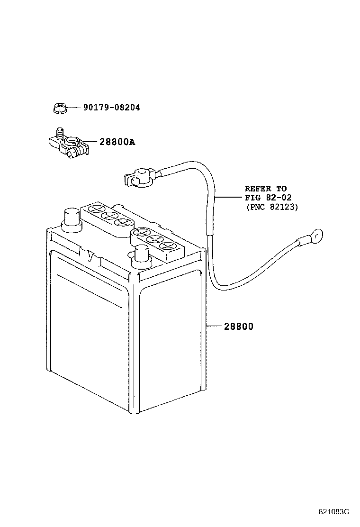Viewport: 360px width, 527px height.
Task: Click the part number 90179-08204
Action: [111, 108]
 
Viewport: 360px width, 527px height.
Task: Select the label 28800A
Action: [117, 142]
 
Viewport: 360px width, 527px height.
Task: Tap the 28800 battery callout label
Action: [238, 327]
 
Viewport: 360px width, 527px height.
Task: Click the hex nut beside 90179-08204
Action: [59, 109]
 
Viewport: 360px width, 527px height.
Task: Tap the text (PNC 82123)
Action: [272, 207]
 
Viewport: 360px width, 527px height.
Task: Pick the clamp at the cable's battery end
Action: [138, 178]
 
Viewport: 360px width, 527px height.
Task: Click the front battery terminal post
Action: [141, 254]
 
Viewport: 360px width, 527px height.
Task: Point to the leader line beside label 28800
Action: [213, 327]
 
